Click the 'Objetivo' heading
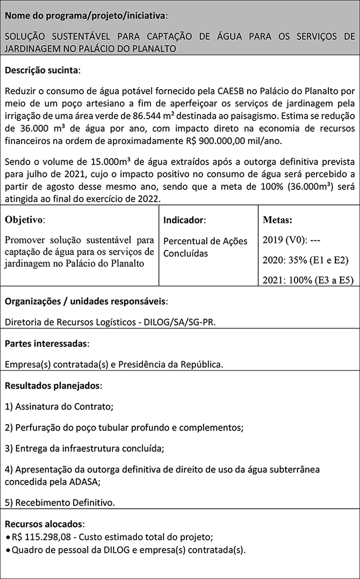point(25,220)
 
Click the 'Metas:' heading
point(278,220)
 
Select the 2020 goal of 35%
point(306,261)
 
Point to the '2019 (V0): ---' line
point(293,240)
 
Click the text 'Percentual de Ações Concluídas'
point(205,247)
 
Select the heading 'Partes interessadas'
point(47,343)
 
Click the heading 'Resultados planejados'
point(53,386)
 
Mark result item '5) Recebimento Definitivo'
point(60,503)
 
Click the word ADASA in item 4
point(83,482)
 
